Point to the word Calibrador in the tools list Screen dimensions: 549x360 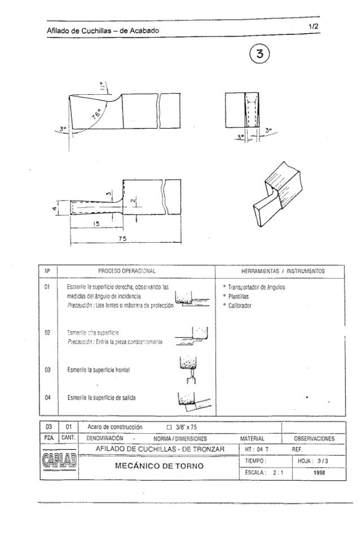coord(240,305)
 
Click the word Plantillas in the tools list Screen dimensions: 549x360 coord(239,297)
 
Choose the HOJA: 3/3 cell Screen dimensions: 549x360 coord(313,461)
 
